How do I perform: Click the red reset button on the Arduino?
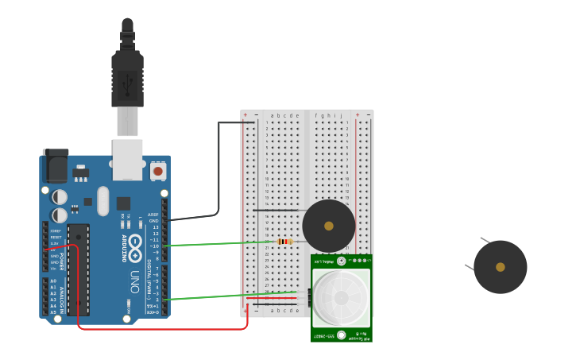pyautogui.click(x=157, y=171)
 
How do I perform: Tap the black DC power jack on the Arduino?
pyautogui.click(x=56, y=166)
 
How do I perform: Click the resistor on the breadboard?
pyautogui.click(x=285, y=242)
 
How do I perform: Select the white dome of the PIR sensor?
pyautogui.click(x=341, y=297)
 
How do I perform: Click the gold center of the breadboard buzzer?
pyautogui.click(x=329, y=226)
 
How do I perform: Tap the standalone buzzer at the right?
pyautogui.click(x=500, y=267)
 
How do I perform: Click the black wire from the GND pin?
pyautogui.click(x=218, y=175)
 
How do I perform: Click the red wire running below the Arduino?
pyautogui.click(x=159, y=327)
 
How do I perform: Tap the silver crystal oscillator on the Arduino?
pyautogui.click(x=102, y=201)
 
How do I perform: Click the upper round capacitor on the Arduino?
pyautogui.click(x=60, y=196)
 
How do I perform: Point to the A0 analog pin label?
pyautogui.click(x=53, y=281)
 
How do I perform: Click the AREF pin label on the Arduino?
pyautogui.click(x=153, y=214)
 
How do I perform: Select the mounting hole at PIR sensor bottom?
pyautogui.click(x=341, y=335)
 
